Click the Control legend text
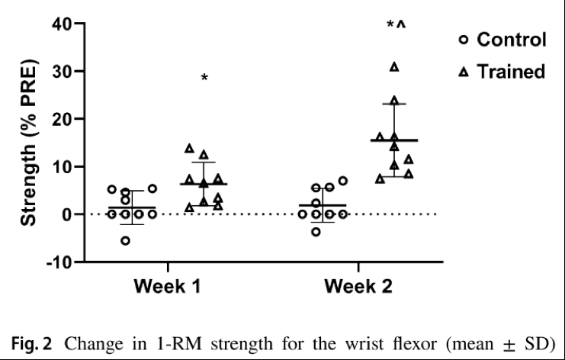pyautogui.click(x=512, y=40)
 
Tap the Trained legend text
pyautogui.click(x=512, y=72)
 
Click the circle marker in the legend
pyautogui.click(x=463, y=40)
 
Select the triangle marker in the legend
pyautogui.click(x=463, y=72)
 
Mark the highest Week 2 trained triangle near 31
pyautogui.click(x=394, y=67)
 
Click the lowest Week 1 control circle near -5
pyautogui.click(x=125, y=241)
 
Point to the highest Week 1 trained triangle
pyautogui.click(x=190, y=148)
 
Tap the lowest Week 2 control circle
pyautogui.click(x=316, y=231)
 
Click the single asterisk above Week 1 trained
pyautogui.click(x=204, y=79)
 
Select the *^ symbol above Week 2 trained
pyautogui.click(x=396, y=26)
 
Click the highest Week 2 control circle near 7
pyautogui.click(x=343, y=181)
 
